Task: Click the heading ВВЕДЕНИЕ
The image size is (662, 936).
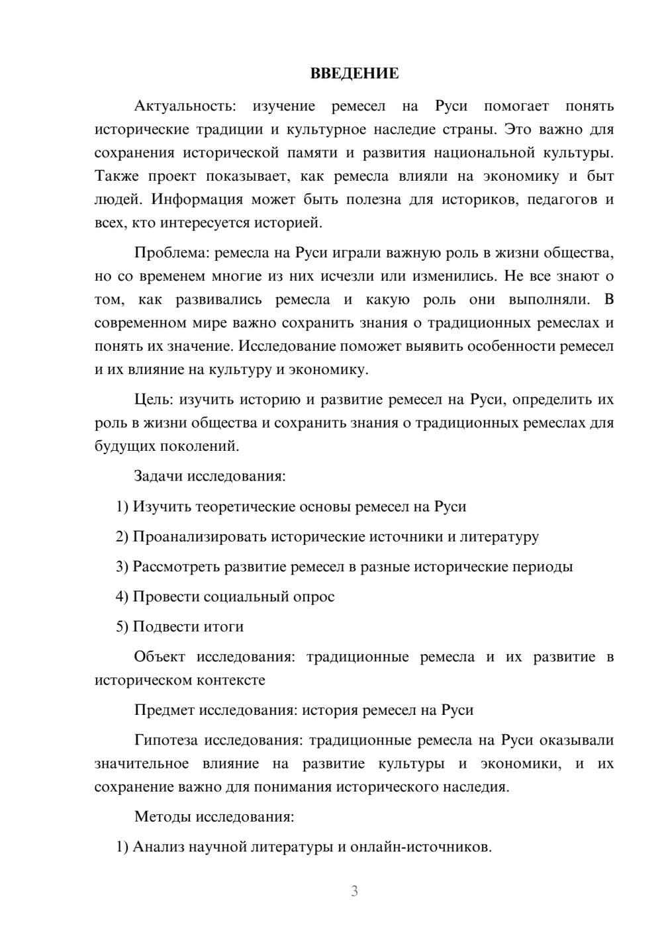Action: pos(354,73)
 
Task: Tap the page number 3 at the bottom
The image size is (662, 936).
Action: pos(354,891)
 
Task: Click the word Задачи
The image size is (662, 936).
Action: pos(159,475)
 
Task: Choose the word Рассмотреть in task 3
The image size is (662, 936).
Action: pos(177,567)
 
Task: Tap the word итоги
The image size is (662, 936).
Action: pos(224,626)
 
